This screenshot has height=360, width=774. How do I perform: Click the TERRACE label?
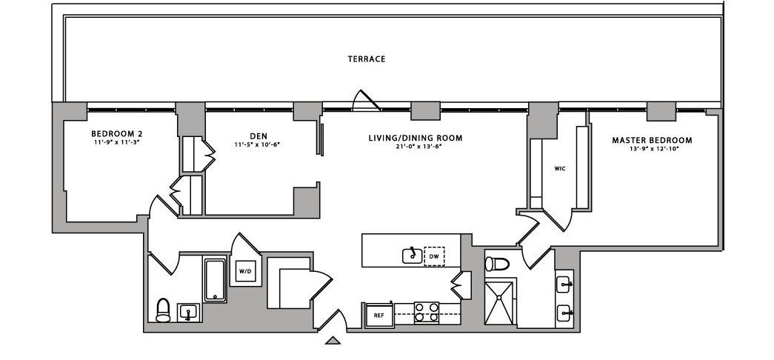click(x=367, y=59)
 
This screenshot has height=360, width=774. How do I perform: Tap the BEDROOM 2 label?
click(x=116, y=134)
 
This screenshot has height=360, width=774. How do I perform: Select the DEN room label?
click(x=258, y=136)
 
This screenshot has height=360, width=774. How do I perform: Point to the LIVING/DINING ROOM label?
click(x=416, y=138)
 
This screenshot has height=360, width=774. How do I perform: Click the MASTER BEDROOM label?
click(x=652, y=140)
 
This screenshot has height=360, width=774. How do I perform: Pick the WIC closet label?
click(x=560, y=168)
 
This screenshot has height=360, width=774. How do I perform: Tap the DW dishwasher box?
click(x=434, y=256)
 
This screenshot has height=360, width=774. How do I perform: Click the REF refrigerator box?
click(x=378, y=316)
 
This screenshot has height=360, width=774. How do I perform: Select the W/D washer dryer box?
click(x=244, y=272)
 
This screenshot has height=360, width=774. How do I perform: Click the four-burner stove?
click(x=427, y=313)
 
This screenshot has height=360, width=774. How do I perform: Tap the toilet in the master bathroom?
click(x=498, y=263)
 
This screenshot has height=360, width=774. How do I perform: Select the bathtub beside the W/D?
click(x=215, y=279)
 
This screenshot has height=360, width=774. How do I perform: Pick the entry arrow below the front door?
click(x=333, y=341)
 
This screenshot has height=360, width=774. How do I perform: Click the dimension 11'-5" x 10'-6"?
click(x=257, y=144)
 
